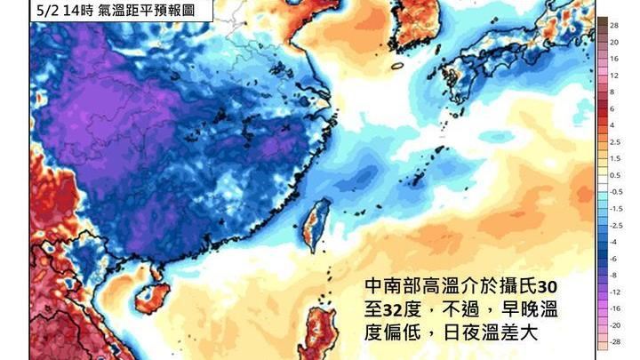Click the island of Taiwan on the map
click(x=316, y=221)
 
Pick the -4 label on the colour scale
click(x=614, y=241)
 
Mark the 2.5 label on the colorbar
click(x=614, y=141)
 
